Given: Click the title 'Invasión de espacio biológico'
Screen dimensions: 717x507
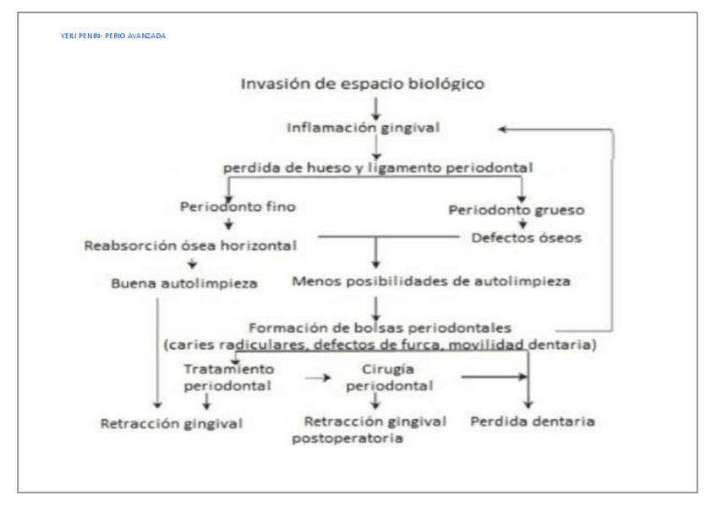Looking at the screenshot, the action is point(363,84).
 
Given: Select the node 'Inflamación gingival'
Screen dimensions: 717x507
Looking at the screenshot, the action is point(364,128).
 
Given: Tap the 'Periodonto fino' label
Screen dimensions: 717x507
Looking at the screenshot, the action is point(238,206).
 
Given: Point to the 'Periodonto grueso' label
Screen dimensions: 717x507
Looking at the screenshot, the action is point(516,209).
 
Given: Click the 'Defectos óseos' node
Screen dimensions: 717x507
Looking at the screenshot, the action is point(526,238).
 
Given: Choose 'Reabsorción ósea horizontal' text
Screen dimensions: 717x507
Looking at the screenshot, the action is point(190,245).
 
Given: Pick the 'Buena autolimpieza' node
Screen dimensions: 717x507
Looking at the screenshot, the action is point(184,283).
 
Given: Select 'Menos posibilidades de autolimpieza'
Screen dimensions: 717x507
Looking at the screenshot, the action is point(430,281).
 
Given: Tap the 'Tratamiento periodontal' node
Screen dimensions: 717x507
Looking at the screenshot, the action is point(228,377).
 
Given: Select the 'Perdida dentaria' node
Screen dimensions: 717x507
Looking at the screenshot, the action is point(533,421).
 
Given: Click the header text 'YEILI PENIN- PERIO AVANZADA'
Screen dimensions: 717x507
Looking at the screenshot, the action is point(113,36).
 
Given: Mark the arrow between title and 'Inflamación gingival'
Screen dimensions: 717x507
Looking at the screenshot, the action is point(375,106).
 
